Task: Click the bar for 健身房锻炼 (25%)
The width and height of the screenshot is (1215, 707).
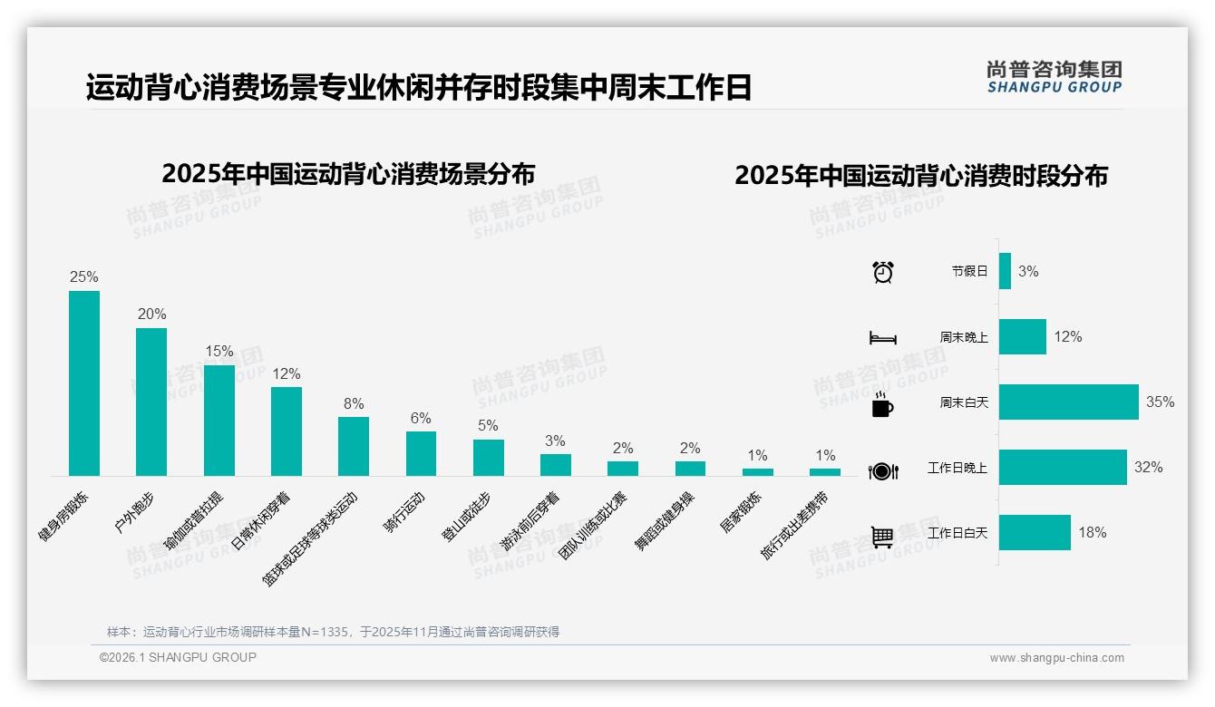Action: tap(84, 383)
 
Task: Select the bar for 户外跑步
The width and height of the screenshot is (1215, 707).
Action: tap(151, 402)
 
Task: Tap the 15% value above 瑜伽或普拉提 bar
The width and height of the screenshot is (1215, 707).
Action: tap(219, 352)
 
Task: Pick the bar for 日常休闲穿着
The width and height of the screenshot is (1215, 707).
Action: tap(287, 431)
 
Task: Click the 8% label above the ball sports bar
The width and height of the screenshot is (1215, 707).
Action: tap(354, 403)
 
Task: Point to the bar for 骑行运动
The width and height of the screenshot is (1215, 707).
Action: tap(421, 453)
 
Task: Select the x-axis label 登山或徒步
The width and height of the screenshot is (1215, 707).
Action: tap(468, 518)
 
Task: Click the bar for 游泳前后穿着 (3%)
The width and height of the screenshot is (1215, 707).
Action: tap(556, 464)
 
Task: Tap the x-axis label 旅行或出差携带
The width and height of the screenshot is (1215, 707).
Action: tap(795, 526)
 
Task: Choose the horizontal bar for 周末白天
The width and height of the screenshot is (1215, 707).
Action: tap(1068, 402)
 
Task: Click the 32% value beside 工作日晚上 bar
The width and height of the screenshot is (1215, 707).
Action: tap(1148, 468)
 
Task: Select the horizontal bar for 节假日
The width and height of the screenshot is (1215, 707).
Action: tap(1005, 271)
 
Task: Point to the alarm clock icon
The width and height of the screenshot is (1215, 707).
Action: tap(882, 272)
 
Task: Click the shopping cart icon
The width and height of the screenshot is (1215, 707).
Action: tap(882, 537)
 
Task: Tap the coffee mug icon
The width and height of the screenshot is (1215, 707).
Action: tap(881, 404)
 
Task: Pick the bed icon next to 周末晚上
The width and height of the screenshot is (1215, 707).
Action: tap(882, 338)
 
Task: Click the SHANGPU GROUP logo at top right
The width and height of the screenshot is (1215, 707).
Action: tap(1054, 76)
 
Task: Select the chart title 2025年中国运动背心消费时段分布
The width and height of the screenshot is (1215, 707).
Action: tap(921, 176)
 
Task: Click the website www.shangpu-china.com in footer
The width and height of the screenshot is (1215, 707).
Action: tap(1056, 658)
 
